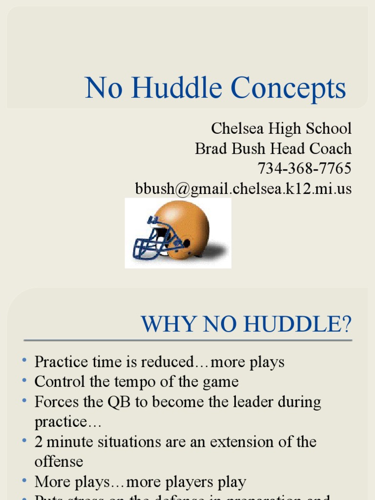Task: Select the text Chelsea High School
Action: (281, 128)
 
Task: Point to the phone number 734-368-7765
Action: (304, 168)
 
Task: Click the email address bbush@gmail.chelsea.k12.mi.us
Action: (243, 188)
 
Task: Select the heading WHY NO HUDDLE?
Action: (246, 324)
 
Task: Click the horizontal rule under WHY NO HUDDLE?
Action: (187, 340)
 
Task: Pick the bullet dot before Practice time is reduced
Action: (24, 361)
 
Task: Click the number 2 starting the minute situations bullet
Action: (39, 442)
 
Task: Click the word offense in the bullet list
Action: (59, 462)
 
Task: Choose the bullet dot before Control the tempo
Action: (24, 381)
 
